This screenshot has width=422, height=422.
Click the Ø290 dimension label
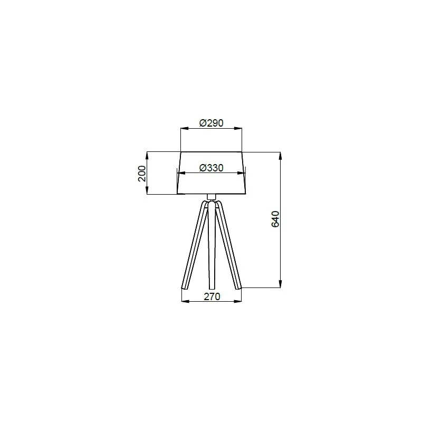pos(212,123)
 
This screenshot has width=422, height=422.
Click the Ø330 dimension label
pos(212,168)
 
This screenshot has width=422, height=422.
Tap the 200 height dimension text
pos(142,174)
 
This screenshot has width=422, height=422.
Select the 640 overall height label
pos(275,219)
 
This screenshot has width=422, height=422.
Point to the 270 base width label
pos(212,296)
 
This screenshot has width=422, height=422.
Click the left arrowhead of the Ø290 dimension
pos(184,128)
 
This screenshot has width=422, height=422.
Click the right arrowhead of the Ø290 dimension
pos(238,128)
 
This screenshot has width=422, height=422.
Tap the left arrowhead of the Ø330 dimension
pos(181,173)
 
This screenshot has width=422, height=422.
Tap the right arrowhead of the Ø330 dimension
pos(242,173)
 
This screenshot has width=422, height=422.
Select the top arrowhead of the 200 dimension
pos(147,156)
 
